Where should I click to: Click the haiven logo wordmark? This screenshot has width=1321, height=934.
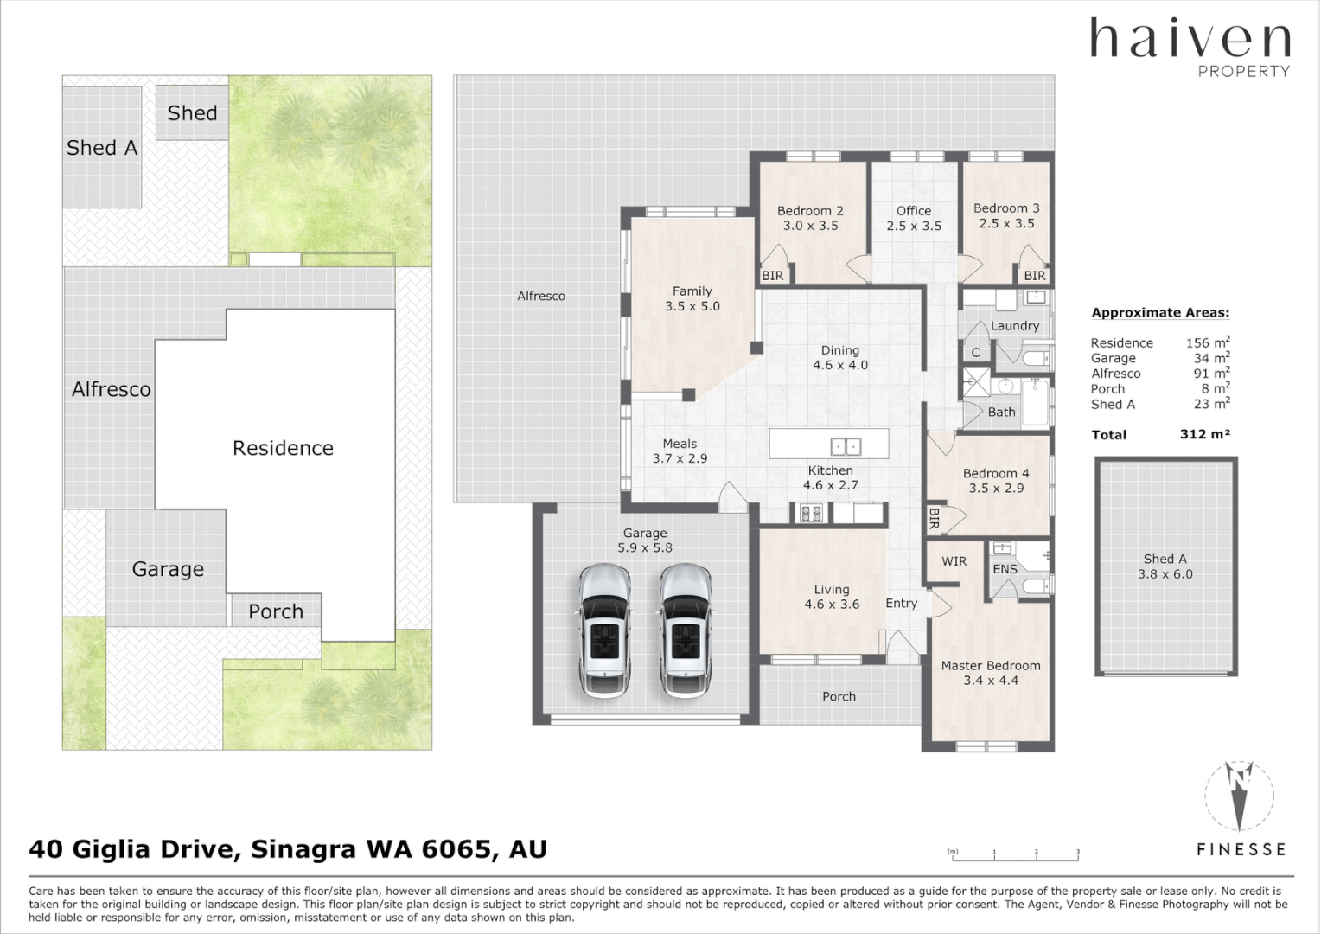coord(1190,38)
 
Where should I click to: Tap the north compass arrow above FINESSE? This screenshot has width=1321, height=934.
coord(1239,796)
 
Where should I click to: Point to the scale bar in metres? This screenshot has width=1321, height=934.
coord(1014,856)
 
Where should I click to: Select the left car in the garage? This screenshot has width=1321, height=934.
coord(604,630)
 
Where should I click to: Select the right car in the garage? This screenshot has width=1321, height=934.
coord(686,630)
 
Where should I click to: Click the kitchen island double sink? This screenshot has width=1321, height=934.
coord(846,446)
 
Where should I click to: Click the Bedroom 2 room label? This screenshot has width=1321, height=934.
coord(810,218)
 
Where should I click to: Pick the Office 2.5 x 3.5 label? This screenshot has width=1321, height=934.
coord(914,218)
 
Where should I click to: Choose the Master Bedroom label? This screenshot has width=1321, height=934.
coord(991,673)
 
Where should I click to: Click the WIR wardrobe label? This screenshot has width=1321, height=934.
coord(954,561)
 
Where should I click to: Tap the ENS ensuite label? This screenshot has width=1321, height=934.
coord(1005,569)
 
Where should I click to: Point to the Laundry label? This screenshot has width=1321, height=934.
coord(1015,326)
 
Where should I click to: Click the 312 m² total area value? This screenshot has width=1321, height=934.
coord(1205,434)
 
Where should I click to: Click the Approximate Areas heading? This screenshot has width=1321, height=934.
coord(1160,313)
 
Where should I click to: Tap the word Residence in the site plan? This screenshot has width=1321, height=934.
coord(283,448)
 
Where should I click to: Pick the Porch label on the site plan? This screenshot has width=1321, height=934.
coord(276,611)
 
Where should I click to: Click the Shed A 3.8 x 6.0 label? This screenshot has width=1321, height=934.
coord(1165,566)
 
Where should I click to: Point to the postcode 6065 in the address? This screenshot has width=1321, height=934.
coord(457,849)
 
